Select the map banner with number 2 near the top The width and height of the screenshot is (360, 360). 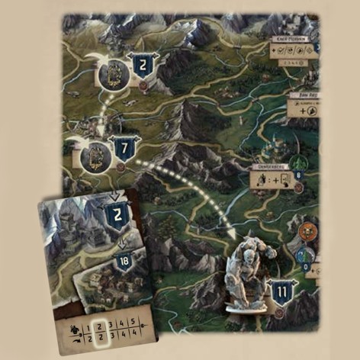[143, 66]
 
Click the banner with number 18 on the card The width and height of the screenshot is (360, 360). [124, 262]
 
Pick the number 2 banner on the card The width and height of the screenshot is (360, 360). [117, 216]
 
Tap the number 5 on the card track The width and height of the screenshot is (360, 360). [133, 322]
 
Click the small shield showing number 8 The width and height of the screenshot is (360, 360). [297, 176]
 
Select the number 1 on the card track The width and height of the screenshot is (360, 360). [86, 322]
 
